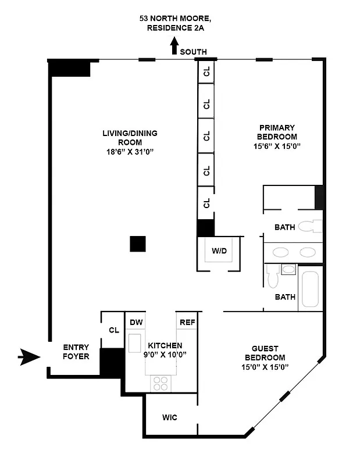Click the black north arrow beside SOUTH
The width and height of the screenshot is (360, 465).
173,46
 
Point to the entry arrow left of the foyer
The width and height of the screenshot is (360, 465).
29,357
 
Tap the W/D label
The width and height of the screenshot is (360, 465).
219,252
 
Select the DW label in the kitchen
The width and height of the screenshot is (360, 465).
136,323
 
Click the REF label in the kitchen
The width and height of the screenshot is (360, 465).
187,323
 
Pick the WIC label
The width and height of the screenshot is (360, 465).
170,417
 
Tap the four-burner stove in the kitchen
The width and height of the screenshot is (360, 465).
160,383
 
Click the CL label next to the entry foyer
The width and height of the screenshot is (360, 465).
113,330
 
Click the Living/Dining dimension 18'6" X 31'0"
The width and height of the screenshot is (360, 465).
129,152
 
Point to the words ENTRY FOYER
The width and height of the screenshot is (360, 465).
76,352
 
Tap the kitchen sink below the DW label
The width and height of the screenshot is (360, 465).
136,341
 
